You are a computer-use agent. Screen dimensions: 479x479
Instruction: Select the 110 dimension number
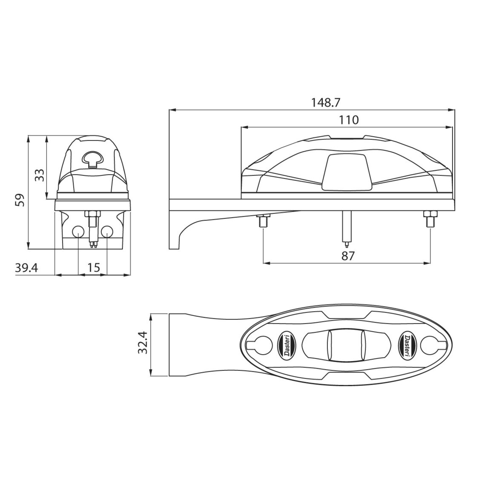coord(348,120)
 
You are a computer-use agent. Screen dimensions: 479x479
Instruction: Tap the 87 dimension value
coord(348,255)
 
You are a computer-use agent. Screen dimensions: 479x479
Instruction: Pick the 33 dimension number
coord(39,175)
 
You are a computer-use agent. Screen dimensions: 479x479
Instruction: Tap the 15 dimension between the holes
coord(93,267)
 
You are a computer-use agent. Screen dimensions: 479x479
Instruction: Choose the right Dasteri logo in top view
coord(406,344)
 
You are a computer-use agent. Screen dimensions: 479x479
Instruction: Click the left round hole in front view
coord(78,232)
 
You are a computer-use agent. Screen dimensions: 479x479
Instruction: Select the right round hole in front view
coord(107,232)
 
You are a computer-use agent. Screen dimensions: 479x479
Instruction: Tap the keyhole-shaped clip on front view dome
coord(92,159)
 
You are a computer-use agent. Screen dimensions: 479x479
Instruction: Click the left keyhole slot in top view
coord(263,344)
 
